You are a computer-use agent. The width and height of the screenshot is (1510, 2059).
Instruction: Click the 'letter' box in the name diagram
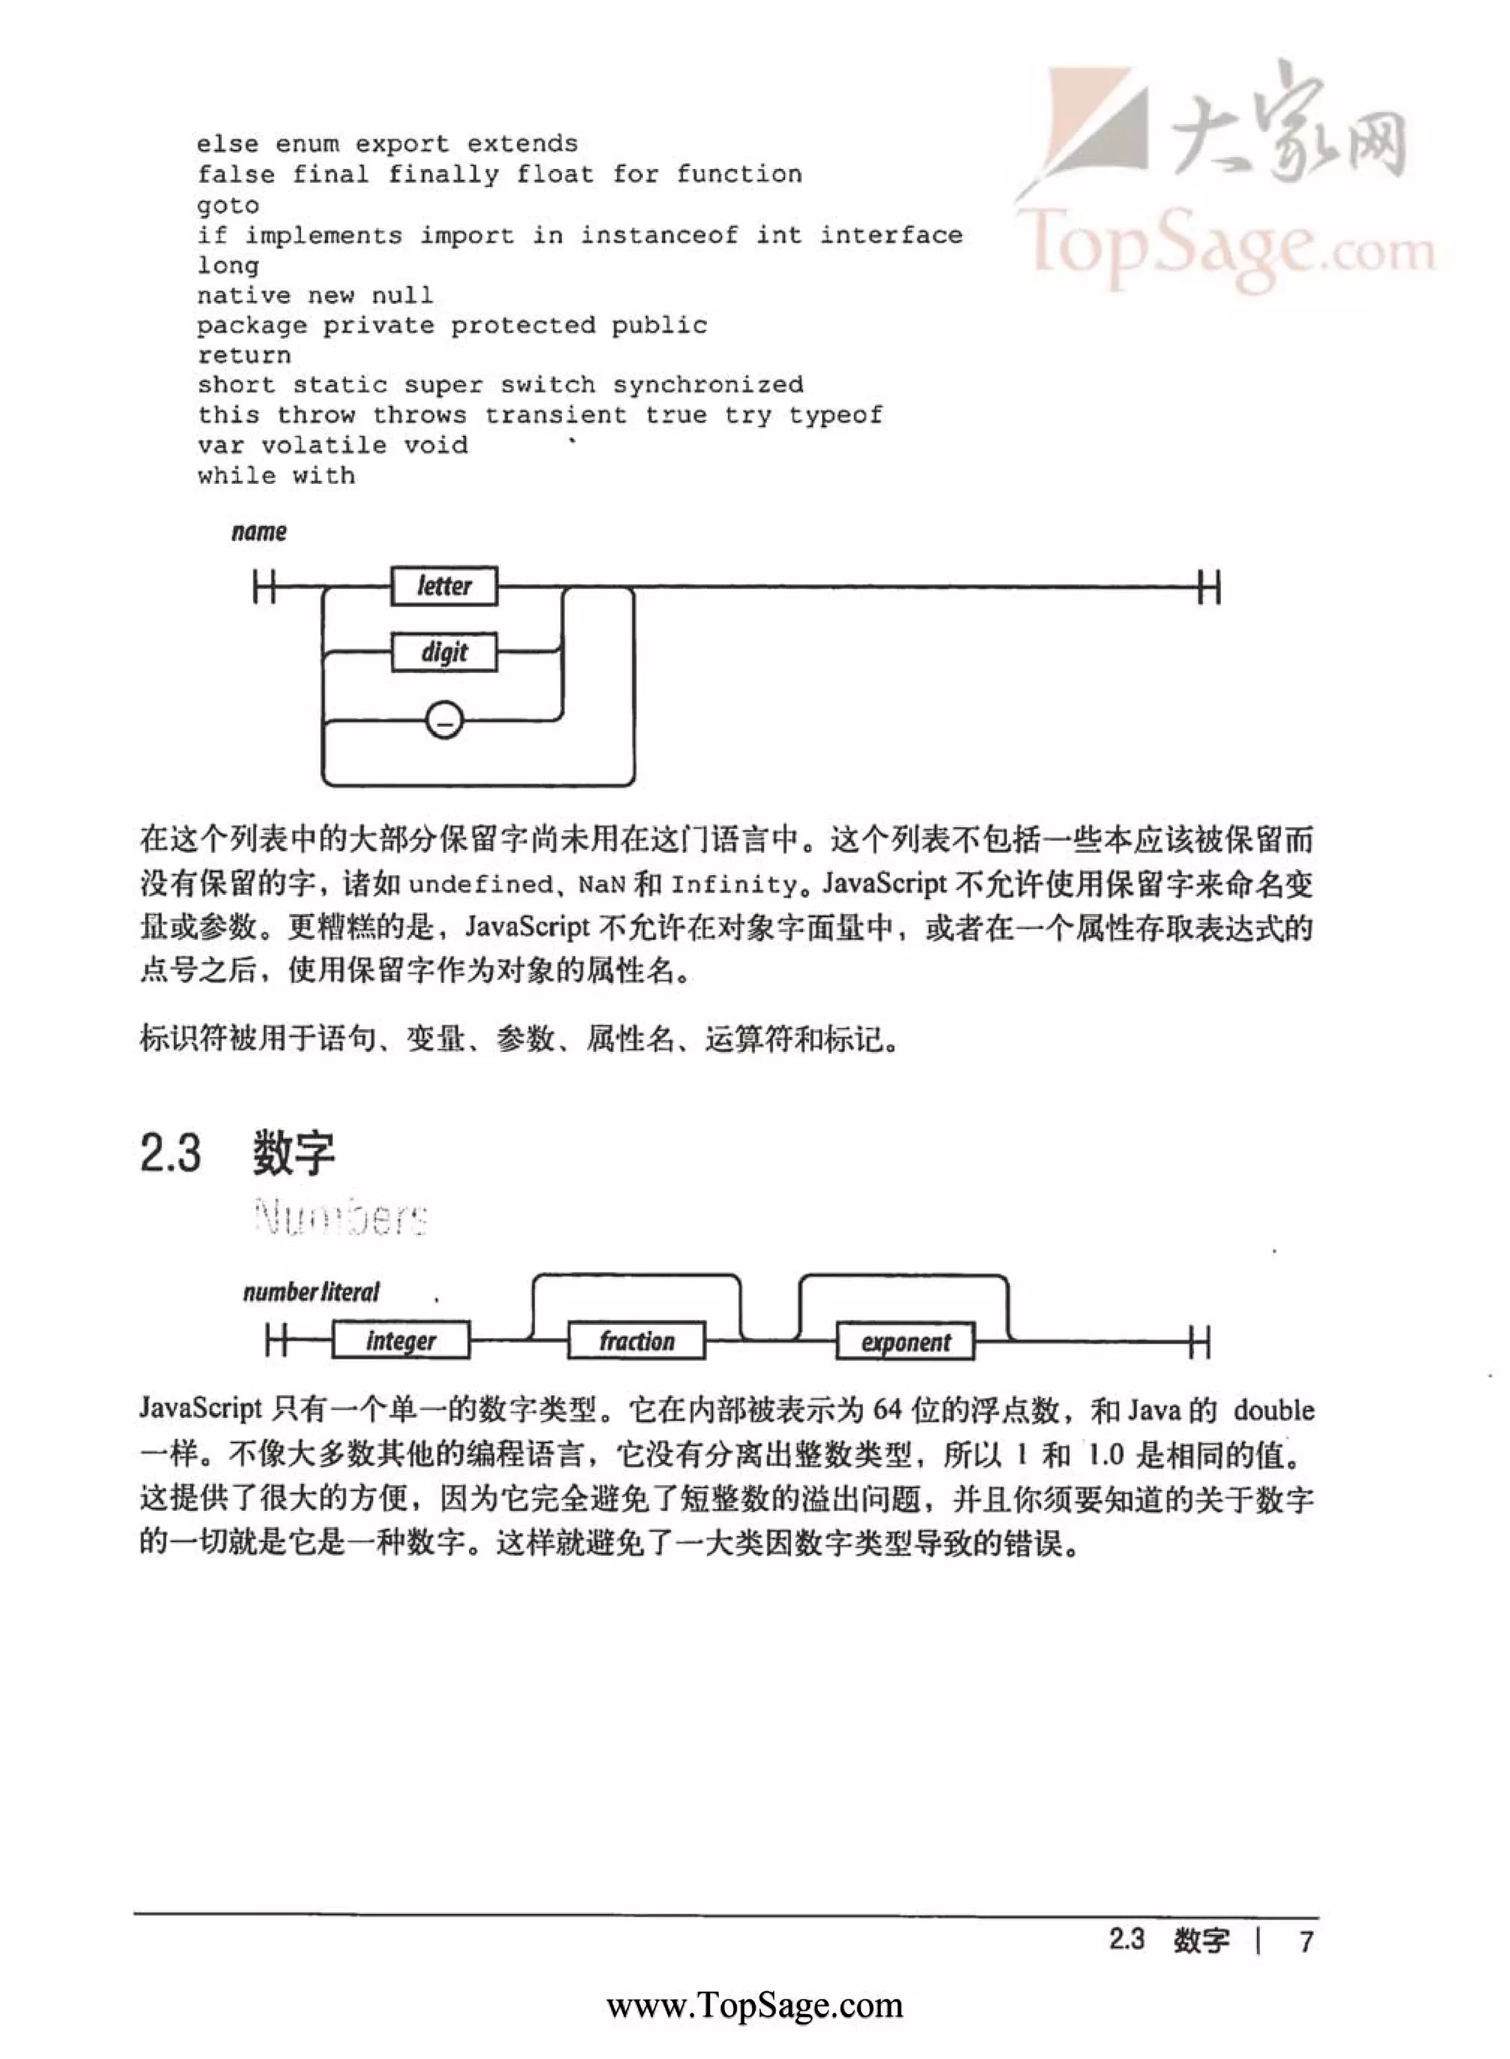point(444,586)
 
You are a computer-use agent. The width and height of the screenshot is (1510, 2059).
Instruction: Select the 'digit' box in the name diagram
point(444,653)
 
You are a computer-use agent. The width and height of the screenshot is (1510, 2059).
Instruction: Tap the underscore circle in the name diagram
point(444,721)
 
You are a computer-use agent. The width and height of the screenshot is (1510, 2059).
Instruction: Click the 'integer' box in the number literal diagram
point(400,1341)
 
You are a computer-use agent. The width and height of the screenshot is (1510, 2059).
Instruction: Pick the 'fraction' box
point(636,1341)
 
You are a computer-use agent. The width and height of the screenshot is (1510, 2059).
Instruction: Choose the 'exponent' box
point(905,1342)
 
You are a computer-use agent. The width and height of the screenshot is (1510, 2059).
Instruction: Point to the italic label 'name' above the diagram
point(259,532)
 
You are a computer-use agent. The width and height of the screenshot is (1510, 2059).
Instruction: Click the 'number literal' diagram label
point(311,1292)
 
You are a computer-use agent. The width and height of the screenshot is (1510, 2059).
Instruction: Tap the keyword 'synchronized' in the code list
point(709,385)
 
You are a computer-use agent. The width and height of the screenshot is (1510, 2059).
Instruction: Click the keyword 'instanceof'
point(659,235)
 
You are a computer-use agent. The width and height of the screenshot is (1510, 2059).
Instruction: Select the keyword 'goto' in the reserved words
point(228,205)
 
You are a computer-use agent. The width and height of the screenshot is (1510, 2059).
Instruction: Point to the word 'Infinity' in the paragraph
point(734,884)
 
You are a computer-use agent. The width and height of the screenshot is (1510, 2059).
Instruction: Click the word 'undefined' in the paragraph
point(480,884)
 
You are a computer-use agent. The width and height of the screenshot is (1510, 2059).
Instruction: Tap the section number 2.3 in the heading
point(170,1152)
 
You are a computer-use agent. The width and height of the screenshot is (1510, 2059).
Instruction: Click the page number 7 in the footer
point(1307,1940)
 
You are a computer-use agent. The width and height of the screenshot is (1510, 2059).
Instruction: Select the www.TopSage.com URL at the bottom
point(754,2005)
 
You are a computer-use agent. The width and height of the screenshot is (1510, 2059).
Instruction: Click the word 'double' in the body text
point(1273,1410)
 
